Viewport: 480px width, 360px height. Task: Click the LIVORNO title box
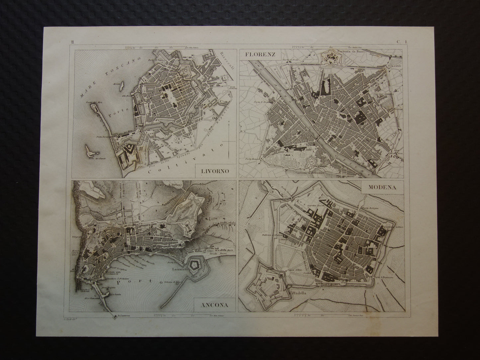coord(215,171)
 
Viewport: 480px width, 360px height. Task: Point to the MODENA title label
coord(382,187)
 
